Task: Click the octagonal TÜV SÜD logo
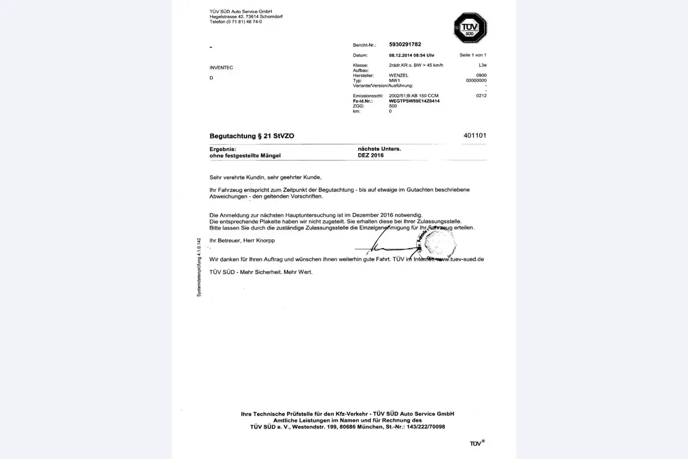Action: (x=470, y=28)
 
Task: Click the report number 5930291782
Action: (x=405, y=45)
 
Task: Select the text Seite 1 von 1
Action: (x=473, y=55)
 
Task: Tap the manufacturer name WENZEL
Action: (x=398, y=76)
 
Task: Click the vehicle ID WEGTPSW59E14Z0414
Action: (x=414, y=101)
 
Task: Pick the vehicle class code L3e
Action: (x=482, y=65)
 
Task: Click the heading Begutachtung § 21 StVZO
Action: (x=252, y=136)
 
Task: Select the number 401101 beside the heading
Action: (x=475, y=135)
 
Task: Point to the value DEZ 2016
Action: (x=370, y=155)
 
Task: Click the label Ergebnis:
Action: (x=223, y=149)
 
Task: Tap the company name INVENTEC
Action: (x=221, y=68)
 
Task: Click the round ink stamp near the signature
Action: (x=440, y=243)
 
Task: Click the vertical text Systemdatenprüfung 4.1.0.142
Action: (x=199, y=267)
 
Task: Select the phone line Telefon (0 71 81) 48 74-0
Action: (x=236, y=22)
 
